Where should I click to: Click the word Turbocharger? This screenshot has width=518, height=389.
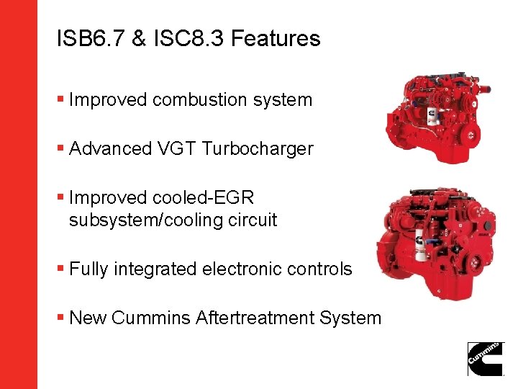[x=258, y=149]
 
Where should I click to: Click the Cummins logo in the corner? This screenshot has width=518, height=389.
[x=486, y=358]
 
